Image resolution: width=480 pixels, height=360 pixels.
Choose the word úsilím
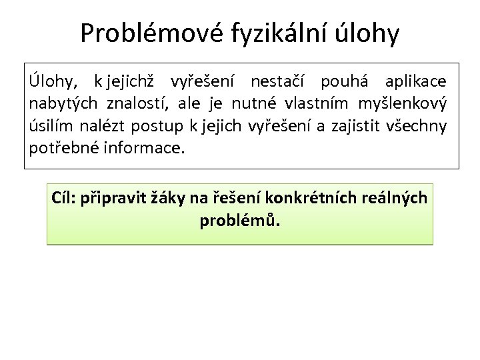[51, 125]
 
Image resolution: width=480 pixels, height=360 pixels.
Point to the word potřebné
[65, 147]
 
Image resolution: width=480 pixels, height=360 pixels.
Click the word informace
[143, 147]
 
